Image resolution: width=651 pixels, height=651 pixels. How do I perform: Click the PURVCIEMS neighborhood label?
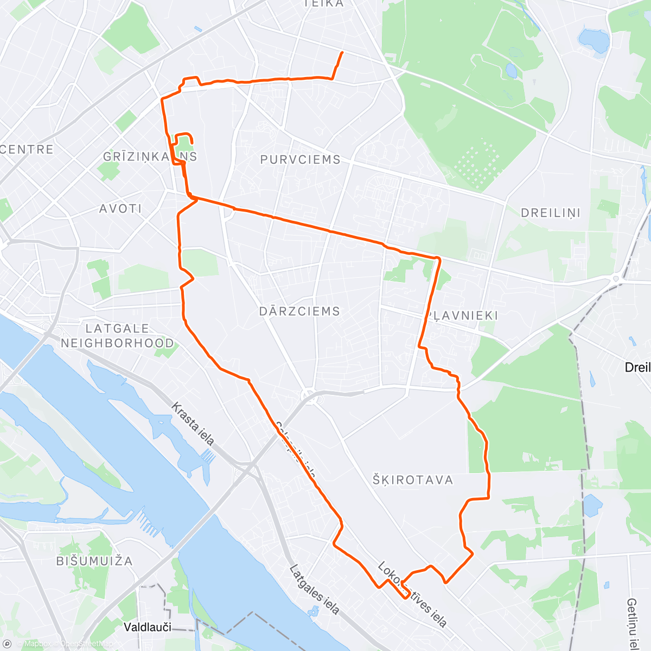click(300, 159)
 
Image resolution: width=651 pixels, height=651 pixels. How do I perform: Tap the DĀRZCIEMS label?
click(299, 311)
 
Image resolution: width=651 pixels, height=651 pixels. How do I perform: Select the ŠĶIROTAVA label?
click(412, 480)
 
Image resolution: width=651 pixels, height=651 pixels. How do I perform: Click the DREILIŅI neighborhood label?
click(551, 213)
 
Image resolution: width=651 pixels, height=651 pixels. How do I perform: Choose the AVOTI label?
click(120, 208)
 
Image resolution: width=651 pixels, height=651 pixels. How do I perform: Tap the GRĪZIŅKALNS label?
click(150, 156)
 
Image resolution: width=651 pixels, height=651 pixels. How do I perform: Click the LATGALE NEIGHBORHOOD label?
click(117, 335)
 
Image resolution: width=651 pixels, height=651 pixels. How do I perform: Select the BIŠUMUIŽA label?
click(94, 560)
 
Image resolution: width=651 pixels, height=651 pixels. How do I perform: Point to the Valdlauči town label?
click(148, 627)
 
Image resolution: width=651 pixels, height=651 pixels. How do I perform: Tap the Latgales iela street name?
click(314, 590)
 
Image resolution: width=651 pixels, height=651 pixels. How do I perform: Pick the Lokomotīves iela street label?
click(412, 594)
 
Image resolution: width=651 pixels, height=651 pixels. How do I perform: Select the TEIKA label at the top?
click(324, 3)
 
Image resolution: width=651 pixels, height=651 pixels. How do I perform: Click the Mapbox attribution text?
click(37, 644)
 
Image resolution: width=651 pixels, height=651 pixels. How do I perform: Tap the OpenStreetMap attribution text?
click(87, 644)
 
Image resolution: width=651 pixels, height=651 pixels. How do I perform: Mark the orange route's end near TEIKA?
click(342, 52)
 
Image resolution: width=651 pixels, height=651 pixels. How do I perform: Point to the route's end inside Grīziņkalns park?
click(192, 143)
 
